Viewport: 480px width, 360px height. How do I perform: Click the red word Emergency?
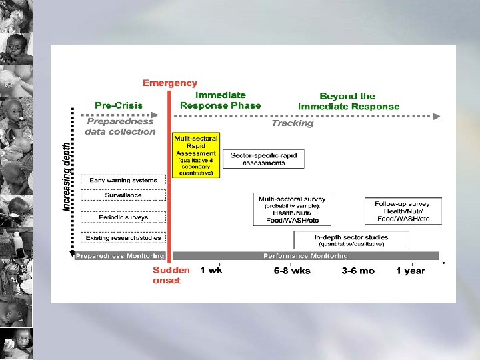[x=170, y=83]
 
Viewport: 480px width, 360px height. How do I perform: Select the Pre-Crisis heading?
[x=119, y=105]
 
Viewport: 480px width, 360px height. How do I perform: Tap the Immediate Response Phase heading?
[x=221, y=100]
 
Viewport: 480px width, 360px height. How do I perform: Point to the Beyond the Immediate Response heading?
[x=349, y=101]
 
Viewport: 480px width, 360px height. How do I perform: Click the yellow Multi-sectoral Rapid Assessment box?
[x=195, y=155]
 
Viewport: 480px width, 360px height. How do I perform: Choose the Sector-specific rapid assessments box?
[x=263, y=159]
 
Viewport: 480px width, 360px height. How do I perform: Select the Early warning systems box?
[x=123, y=180]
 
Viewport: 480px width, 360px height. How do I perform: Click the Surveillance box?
[x=123, y=195]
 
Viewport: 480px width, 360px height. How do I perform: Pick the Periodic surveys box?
[x=123, y=217]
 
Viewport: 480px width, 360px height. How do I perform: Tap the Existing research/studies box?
[x=123, y=237]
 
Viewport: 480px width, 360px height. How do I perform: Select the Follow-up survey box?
[x=403, y=211]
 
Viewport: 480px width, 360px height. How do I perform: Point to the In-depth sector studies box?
[x=351, y=240]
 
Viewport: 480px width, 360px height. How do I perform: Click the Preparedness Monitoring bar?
[x=120, y=256]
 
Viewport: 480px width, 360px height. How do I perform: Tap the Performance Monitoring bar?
[x=305, y=256]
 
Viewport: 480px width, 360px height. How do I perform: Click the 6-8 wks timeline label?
[x=292, y=271]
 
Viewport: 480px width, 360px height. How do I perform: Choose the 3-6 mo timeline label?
[x=358, y=271]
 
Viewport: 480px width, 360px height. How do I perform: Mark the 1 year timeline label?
[x=410, y=271]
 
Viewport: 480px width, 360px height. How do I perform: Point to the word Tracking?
[x=292, y=123]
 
